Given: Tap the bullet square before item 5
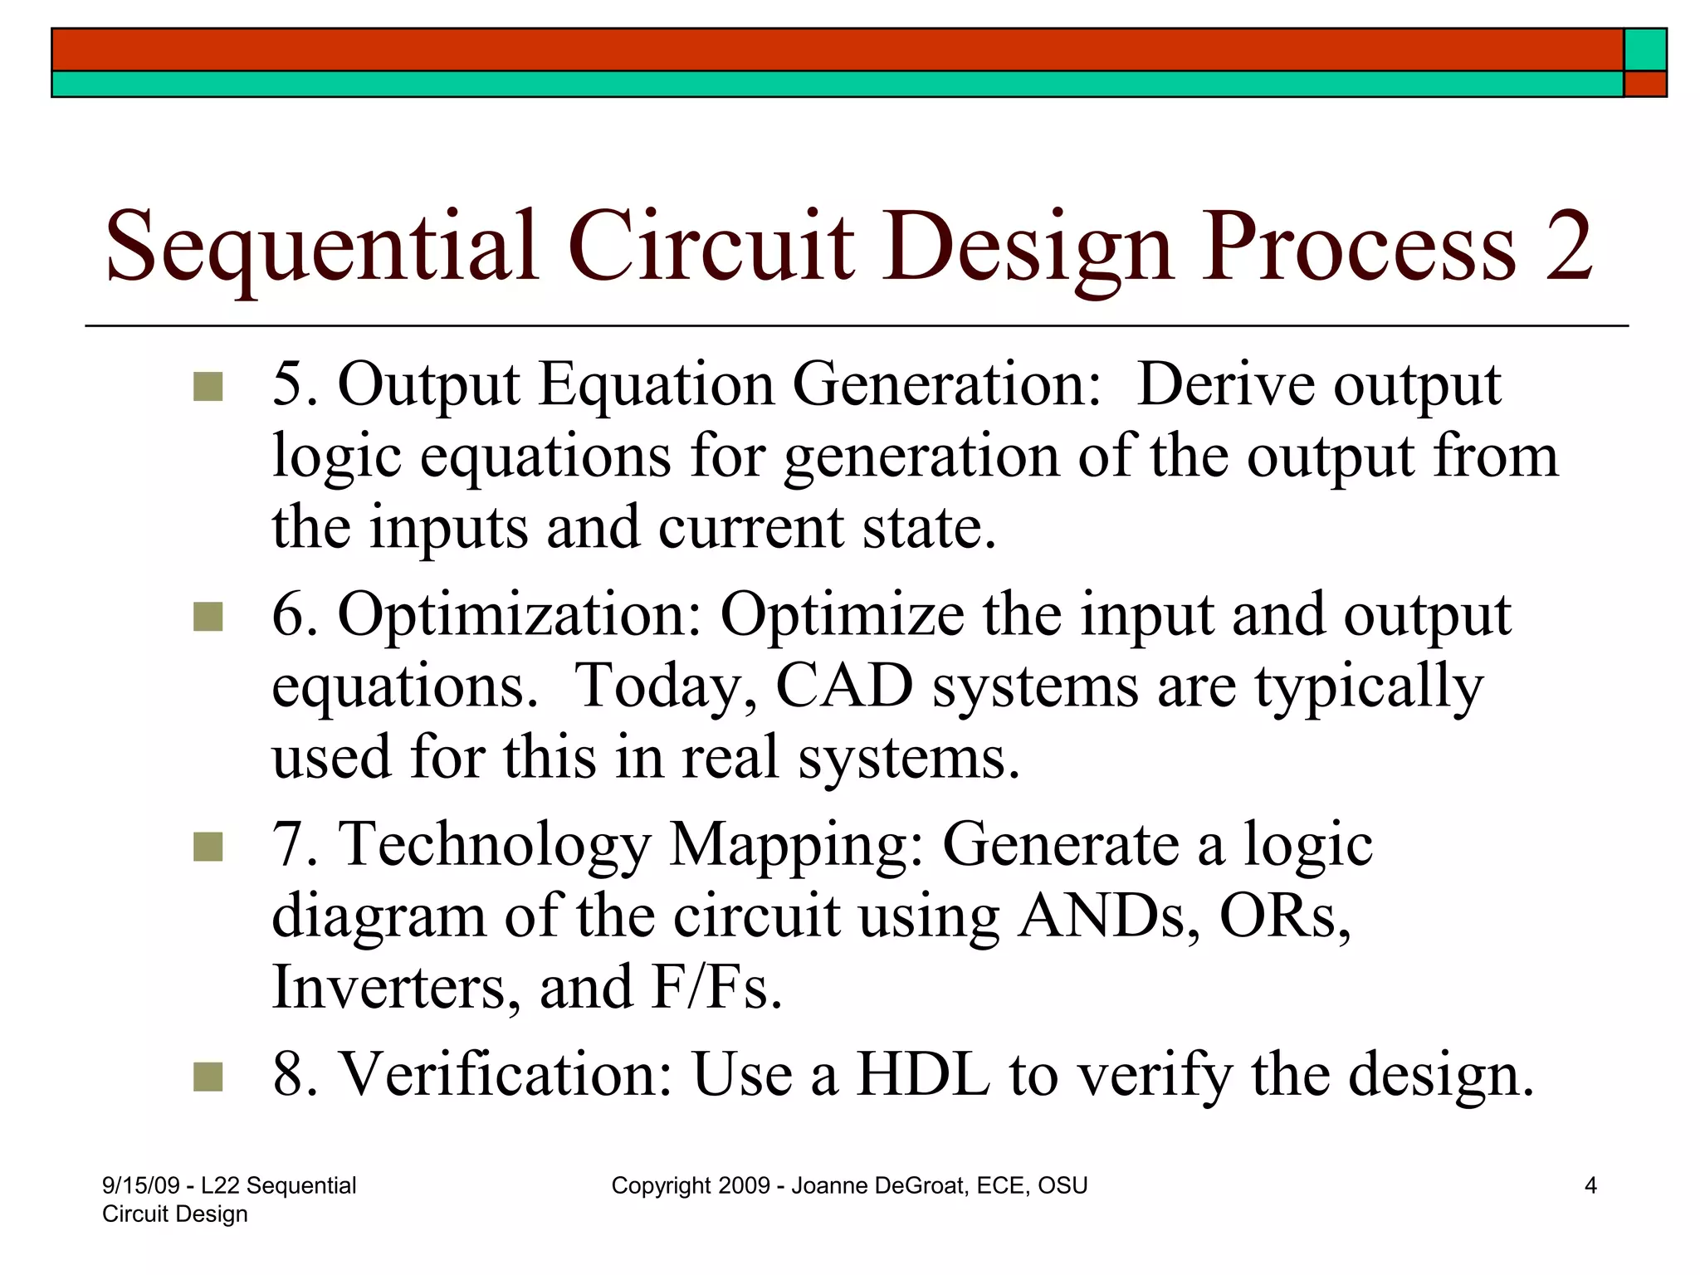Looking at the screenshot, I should coord(208,387).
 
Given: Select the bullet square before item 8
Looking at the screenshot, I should coord(208,1077).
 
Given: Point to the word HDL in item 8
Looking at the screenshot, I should coord(923,1074).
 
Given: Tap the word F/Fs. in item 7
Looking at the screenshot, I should coord(717,987).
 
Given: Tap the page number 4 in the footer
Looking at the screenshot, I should coord(1590,1185).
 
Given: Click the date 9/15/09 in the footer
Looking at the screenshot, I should coord(140,1185).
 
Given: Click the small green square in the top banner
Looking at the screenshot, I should coord(1644,50).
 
